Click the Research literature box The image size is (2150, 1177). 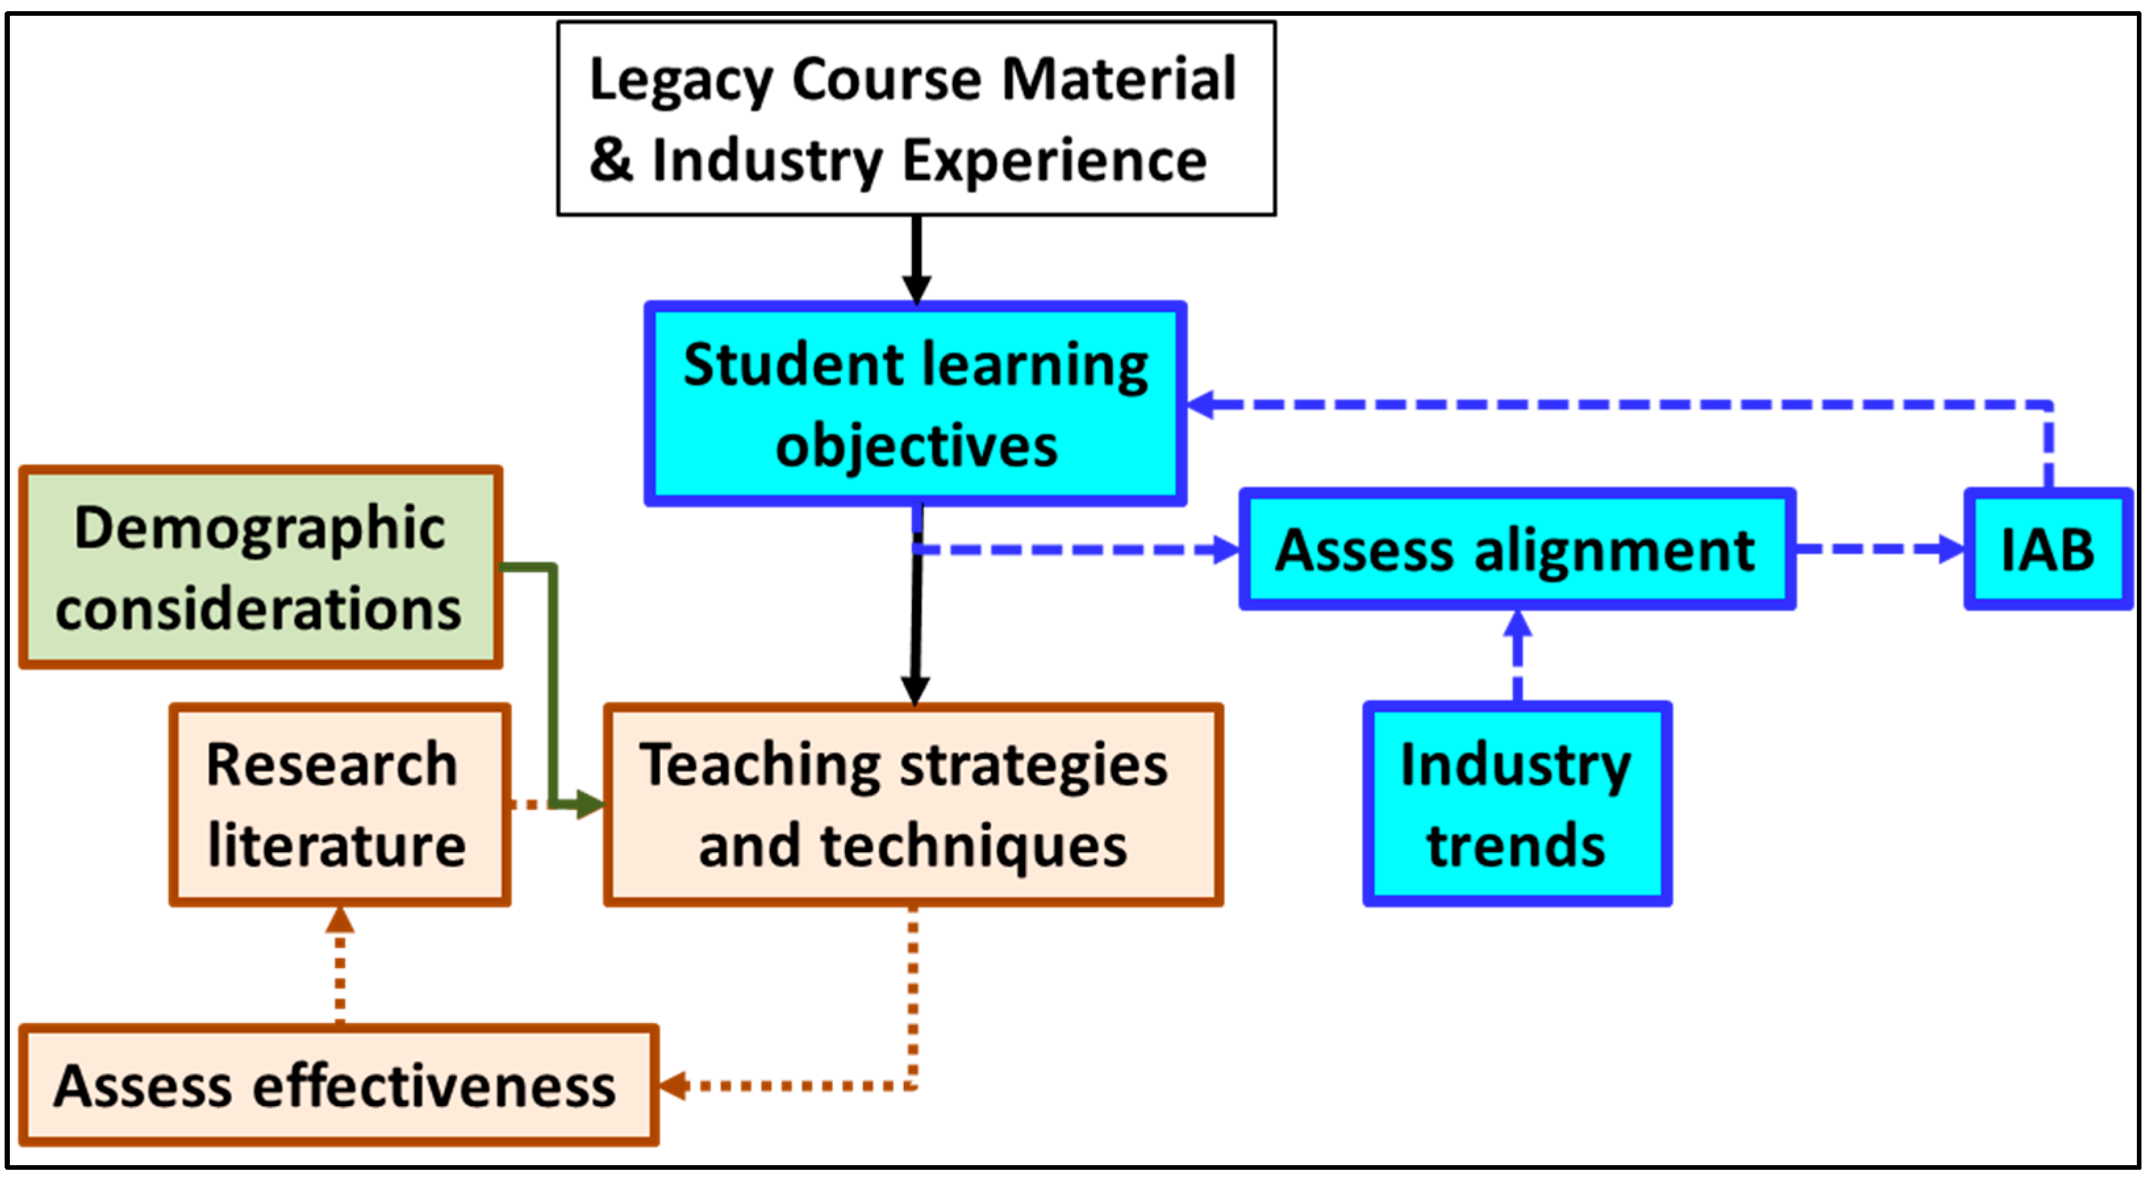tap(339, 805)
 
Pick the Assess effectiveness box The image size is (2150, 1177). tap(338, 1085)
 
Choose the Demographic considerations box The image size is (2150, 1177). tap(260, 567)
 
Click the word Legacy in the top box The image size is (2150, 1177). tap(681, 81)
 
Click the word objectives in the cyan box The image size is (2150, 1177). tap(917, 446)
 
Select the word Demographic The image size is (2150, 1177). tap(260, 529)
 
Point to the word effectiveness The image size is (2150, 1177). tap(434, 1086)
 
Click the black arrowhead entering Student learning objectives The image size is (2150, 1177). tap(917, 290)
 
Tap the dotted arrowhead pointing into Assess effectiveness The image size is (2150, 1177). tap(673, 1085)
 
